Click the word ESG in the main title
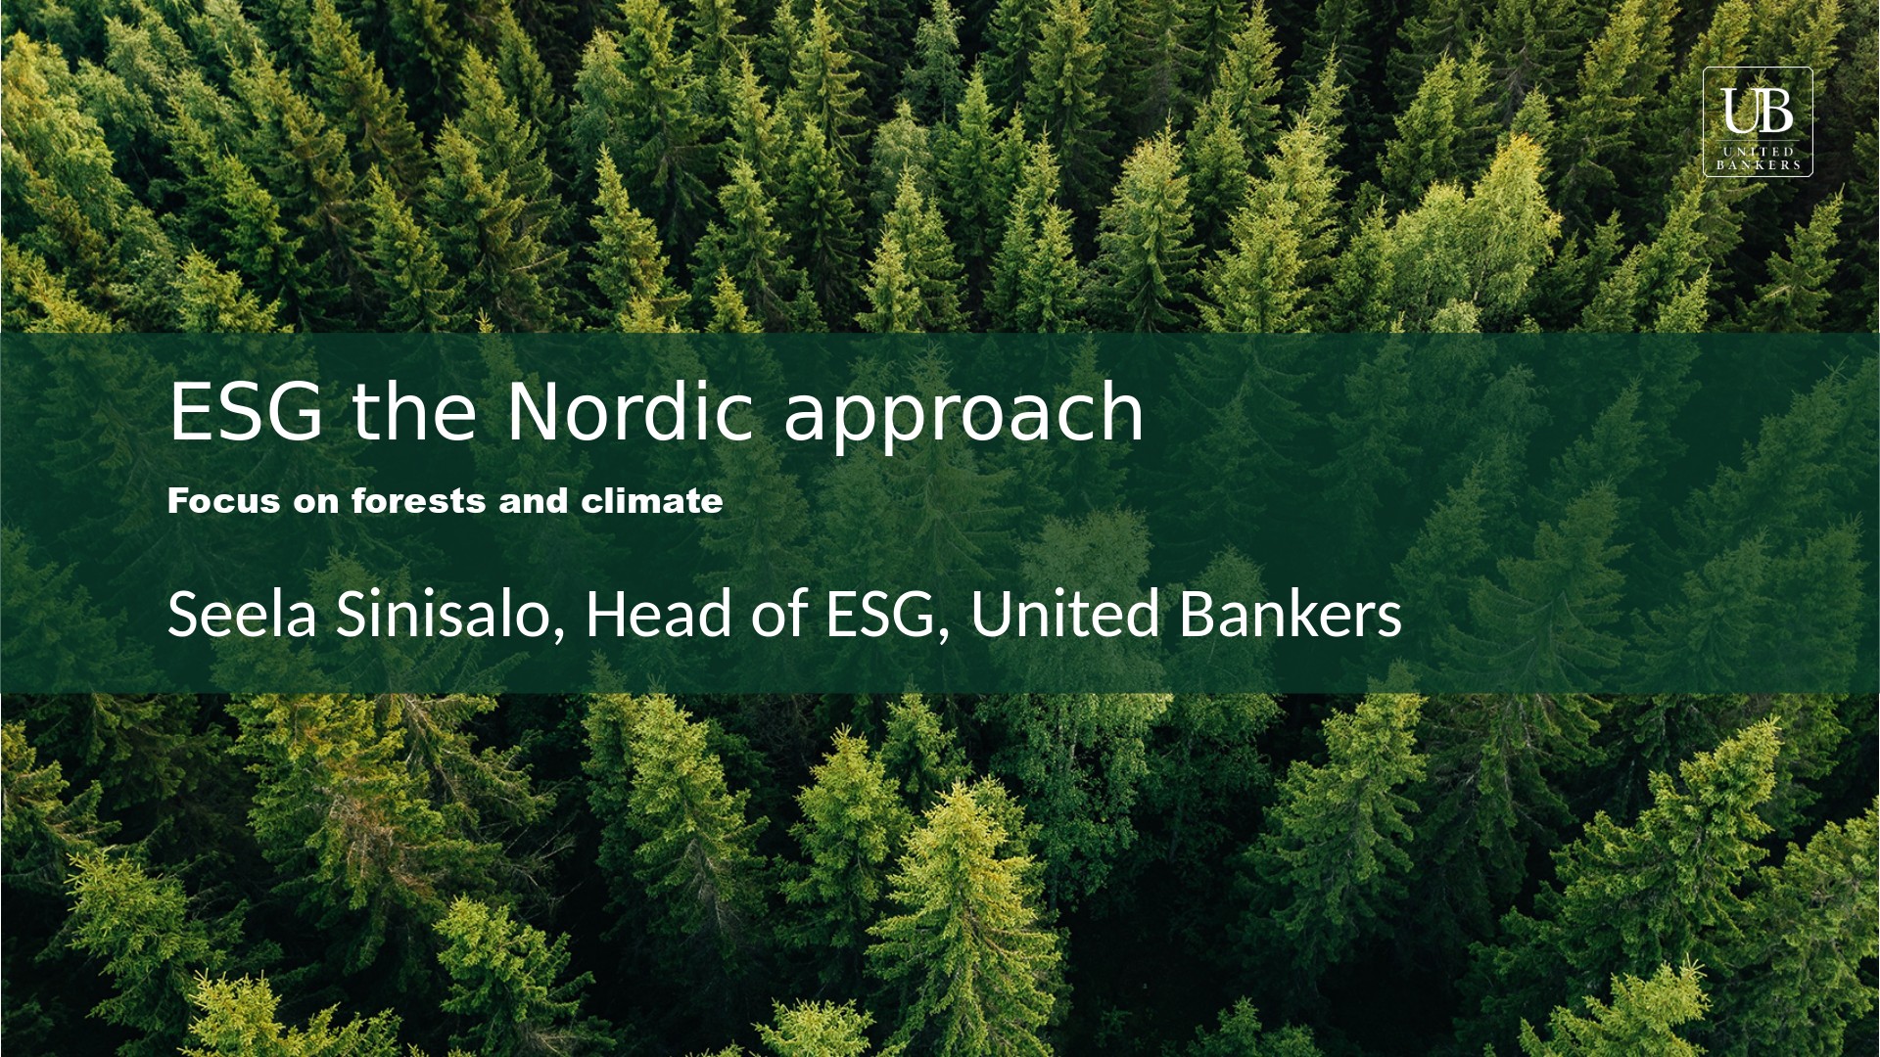(246, 411)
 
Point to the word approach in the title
(963, 415)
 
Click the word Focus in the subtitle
(224, 501)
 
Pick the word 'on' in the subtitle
(316, 504)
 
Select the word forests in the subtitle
(419, 501)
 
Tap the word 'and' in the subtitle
(534, 501)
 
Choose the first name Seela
(243, 615)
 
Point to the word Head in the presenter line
(658, 614)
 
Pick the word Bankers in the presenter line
(1291, 614)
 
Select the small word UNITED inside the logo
(1759, 152)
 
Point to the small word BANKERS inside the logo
(1759, 165)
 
